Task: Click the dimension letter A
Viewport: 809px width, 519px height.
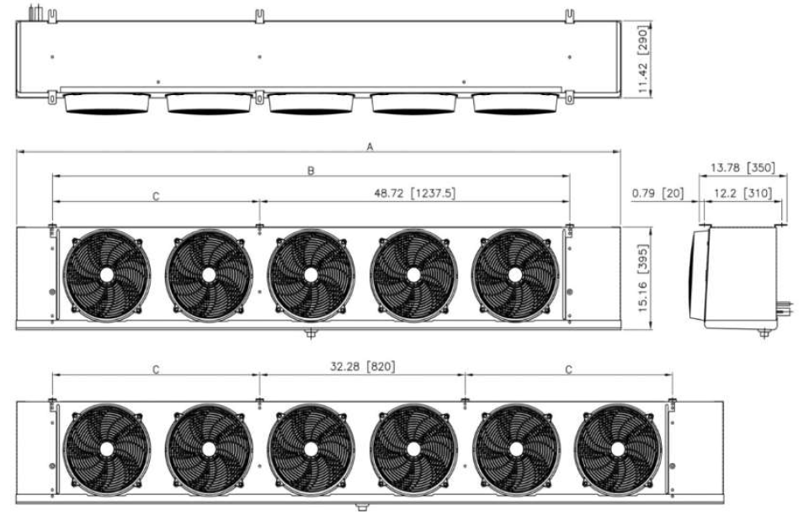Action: pos(370,147)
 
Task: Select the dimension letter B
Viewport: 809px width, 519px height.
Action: pos(311,171)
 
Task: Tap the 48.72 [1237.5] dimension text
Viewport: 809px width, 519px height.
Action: pos(415,193)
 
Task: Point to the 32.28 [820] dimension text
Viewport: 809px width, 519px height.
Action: pos(363,367)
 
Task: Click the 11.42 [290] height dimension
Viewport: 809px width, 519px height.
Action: pos(643,59)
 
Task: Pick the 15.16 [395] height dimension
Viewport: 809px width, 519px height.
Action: pos(643,278)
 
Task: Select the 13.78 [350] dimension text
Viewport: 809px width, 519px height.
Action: pos(742,167)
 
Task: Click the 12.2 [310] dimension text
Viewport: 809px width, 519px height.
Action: pos(743,193)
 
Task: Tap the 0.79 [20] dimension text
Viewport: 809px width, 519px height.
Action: pos(657,193)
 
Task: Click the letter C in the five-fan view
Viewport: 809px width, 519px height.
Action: pos(156,196)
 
